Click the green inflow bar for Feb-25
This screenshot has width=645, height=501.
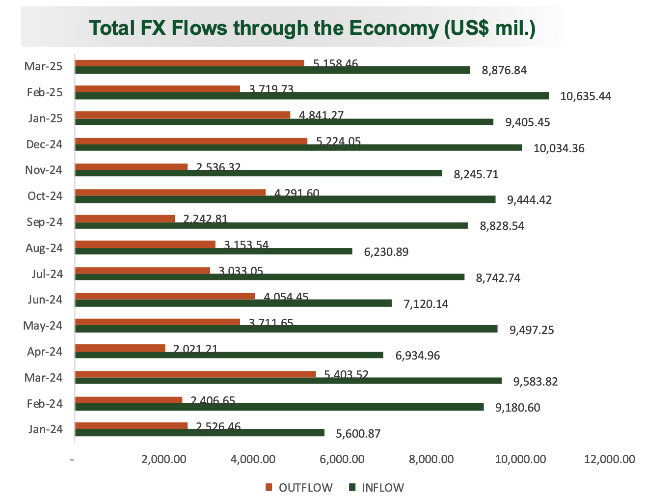pyautogui.click(x=312, y=96)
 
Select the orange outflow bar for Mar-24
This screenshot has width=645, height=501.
pyautogui.click(x=195, y=374)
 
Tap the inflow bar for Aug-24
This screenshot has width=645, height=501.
pyautogui.click(x=214, y=251)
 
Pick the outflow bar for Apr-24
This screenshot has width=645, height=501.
pyautogui.click(x=120, y=348)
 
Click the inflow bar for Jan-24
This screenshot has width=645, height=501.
pyautogui.click(x=199, y=432)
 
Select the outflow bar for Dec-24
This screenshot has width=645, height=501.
pyautogui.click(x=191, y=141)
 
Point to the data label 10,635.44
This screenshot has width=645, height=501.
pyautogui.click(x=586, y=96)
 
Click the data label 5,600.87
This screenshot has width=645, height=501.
pyautogui.click(x=358, y=434)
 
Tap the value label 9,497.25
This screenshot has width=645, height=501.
pyautogui.click(x=532, y=330)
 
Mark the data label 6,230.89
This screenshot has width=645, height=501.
pyautogui.click(x=386, y=252)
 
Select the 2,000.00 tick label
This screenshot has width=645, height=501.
pyautogui.click(x=164, y=460)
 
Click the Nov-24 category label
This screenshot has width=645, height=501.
pyautogui.click(x=44, y=170)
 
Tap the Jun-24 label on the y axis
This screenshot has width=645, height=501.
pyautogui.click(x=45, y=300)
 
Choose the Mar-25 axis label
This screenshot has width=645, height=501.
pyautogui.click(x=44, y=66)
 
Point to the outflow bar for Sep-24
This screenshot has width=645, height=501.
pyautogui.click(x=125, y=219)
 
